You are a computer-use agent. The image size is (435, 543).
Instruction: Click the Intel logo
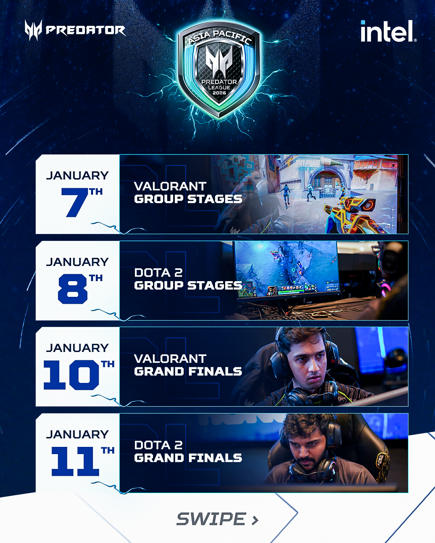click(x=389, y=31)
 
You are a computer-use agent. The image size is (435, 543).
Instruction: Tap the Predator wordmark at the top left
click(x=85, y=30)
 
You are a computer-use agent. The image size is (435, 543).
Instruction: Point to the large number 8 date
click(x=73, y=289)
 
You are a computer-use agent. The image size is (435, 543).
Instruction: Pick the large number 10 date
click(x=71, y=375)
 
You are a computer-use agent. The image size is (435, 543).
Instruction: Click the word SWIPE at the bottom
click(x=211, y=519)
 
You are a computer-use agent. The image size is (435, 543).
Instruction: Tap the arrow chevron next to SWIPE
click(x=255, y=520)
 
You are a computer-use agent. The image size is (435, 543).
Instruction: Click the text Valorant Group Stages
click(x=188, y=193)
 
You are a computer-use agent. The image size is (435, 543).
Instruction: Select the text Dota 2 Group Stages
click(x=188, y=279)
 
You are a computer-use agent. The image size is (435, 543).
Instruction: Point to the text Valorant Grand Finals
click(x=188, y=365)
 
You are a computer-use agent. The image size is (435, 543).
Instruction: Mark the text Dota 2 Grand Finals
click(x=188, y=451)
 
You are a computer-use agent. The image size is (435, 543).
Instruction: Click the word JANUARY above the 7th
click(x=77, y=176)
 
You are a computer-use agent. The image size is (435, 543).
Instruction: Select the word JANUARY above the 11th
click(x=77, y=434)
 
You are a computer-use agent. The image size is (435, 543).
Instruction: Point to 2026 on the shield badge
click(x=219, y=93)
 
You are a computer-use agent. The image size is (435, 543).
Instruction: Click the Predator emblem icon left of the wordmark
click(x=33, y=30)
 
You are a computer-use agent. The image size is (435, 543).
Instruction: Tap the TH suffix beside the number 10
click(x=108, y=364)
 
